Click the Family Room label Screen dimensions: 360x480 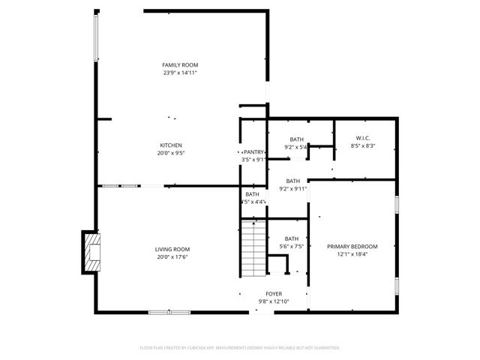[180, 65]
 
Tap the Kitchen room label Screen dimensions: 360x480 [170, 145]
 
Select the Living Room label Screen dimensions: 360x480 [172, 250]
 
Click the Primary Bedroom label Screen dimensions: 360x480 [352, 247]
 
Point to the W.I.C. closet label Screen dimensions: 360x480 [362, 137]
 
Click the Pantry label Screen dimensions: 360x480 [253, 152]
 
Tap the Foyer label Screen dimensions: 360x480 [274, 294]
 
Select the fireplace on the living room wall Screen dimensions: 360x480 [91, 253]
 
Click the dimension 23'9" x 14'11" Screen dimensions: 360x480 [180, 73]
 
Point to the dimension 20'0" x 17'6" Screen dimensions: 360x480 [172, 258]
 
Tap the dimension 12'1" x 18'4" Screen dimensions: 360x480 [352, 255]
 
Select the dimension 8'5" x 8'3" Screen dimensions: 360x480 [362, 145]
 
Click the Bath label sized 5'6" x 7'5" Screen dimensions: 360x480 [292, 238]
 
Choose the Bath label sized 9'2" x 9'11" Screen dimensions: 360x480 [292, 181]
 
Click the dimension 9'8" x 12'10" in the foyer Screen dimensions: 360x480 [274, 301]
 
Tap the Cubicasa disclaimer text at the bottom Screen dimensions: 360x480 [240, 348]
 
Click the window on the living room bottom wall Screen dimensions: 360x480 [169, 312]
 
